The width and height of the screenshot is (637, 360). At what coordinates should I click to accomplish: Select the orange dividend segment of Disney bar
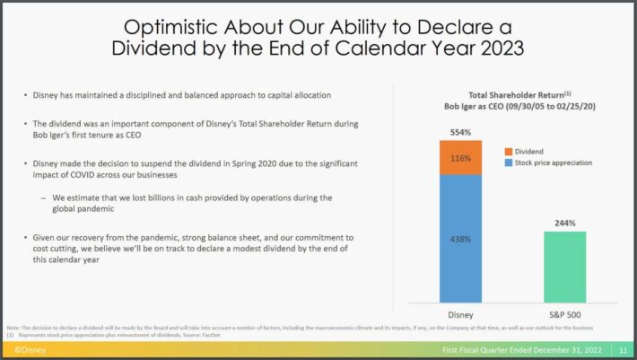point(460,157)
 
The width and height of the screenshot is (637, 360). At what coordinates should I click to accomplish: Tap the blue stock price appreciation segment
point(460,239)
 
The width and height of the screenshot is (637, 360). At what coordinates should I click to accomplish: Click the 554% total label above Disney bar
point(460,132)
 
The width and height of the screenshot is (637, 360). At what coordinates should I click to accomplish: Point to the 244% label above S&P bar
point(564,223)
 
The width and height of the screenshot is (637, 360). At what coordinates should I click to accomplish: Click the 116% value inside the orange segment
point(460,158)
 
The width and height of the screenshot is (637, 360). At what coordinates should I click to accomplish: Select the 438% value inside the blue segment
point(460,240)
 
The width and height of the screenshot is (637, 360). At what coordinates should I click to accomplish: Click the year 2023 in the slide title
point(495,48)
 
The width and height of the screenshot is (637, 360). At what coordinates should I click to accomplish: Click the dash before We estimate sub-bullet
point(43,198)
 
